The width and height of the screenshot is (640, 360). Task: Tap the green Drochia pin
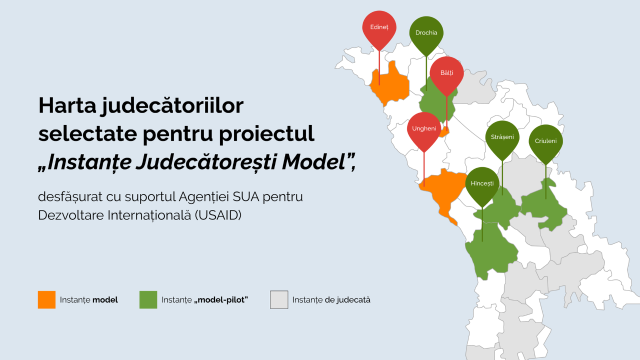point(426,35)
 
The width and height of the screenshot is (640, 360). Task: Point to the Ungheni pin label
point(424,128)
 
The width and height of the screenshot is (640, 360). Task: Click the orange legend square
point(46,299)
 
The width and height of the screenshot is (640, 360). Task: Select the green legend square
point(148,299)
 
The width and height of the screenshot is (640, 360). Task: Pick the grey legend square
point(279,299)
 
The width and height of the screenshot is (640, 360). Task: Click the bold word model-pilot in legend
point(221,300)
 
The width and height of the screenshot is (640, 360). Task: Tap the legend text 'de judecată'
point(347,300)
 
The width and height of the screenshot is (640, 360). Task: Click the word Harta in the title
point(67,105)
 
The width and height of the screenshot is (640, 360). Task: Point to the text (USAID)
point(218,215)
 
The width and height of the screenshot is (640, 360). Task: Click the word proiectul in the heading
point(266,133)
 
